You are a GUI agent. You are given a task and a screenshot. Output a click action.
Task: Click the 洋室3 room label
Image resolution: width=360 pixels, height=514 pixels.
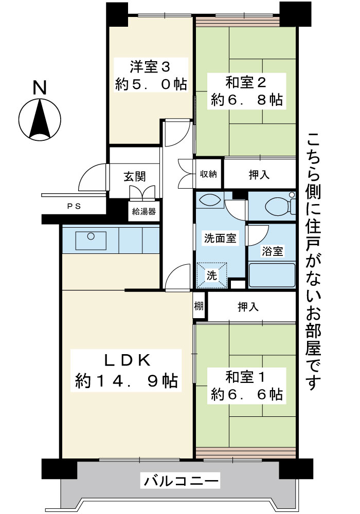click(150, 67)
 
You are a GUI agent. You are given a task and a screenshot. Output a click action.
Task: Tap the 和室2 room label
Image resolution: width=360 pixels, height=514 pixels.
click(246, 83)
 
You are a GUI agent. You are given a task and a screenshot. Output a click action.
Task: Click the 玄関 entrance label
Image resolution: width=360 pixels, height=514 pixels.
click(135, 177)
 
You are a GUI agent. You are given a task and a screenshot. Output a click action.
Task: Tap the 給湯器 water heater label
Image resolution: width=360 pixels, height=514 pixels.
click(144, 211)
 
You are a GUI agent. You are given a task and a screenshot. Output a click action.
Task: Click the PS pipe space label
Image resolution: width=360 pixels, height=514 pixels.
click(74, 207)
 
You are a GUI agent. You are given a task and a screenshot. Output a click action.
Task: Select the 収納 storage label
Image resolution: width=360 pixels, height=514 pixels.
click(208, 174)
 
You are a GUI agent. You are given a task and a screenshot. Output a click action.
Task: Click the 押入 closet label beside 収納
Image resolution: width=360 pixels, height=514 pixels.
click(259, 175)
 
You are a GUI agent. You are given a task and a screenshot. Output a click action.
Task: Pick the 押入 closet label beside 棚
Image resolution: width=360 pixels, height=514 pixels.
click(248, 307)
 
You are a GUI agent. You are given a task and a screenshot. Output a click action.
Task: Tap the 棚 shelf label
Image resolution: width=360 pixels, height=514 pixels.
click(199, 306)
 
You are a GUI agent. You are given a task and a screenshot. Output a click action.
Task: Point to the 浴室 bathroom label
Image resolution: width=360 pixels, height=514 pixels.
click(272, 251)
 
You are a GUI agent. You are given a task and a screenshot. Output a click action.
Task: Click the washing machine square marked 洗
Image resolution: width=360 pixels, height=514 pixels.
click(211, 276)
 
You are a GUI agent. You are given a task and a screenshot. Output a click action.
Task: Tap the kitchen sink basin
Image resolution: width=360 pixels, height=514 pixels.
click(91, 241)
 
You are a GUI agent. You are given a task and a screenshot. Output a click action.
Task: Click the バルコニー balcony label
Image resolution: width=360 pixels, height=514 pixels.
click(181, 481)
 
